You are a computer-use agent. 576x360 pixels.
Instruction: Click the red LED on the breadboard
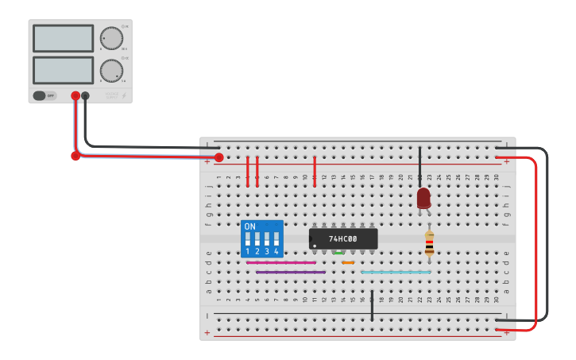pos(423,198)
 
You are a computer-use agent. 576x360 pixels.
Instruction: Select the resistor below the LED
pos(429,242)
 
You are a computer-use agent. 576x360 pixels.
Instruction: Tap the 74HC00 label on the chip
pos(343,238)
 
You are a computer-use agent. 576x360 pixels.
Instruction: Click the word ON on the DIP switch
pos(250,226)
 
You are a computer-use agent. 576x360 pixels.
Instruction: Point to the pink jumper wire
pos(280,262)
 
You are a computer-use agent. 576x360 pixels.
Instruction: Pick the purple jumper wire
pos(290,272)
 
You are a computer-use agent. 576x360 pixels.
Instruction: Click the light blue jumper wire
pos(396,272)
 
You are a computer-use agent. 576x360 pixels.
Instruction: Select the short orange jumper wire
pos(348,262)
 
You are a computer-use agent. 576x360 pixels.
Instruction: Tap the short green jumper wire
pos(338,253)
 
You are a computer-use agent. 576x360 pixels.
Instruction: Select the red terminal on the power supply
pos(75,95)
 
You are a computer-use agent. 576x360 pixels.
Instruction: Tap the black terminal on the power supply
pos(85,95)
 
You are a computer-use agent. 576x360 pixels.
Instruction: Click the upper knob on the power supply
pos(111,38)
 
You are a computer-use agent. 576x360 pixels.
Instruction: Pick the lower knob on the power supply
pos(111,71)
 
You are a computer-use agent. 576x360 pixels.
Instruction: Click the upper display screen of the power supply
pos(64,38)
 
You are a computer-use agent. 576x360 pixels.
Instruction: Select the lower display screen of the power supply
pos(64,70)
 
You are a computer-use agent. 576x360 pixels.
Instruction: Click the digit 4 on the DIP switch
pos(276,251)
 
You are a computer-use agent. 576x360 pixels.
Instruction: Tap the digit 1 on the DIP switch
pos(247,251)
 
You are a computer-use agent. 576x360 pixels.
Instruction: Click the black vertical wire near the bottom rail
pos(372,306)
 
